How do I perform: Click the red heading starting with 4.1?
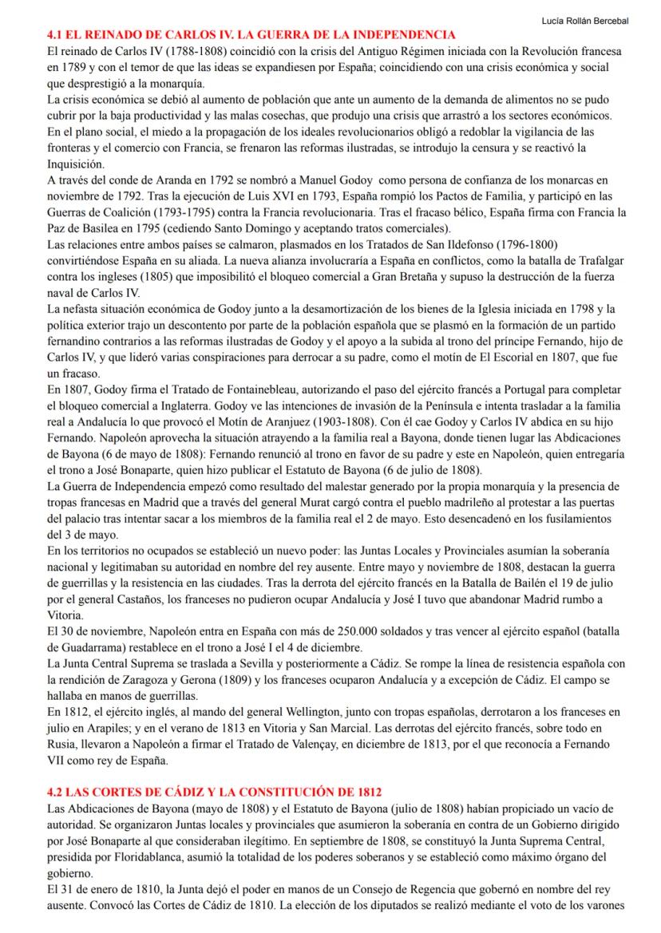(251, 35)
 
